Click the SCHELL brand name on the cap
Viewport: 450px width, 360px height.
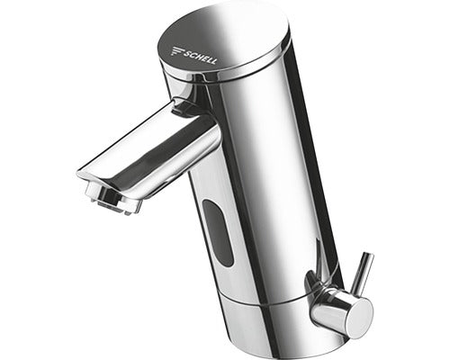[197, 57]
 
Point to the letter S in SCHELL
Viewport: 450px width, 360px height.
[182, 53]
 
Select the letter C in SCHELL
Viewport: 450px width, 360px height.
[188, 54]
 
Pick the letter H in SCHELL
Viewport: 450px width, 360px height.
[194, 57]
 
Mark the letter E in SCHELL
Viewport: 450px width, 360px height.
[201, 58]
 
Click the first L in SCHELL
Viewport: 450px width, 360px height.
[207, 60]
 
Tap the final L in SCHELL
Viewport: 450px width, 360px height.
[212, 61]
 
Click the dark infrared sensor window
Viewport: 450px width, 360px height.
[218, 232]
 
